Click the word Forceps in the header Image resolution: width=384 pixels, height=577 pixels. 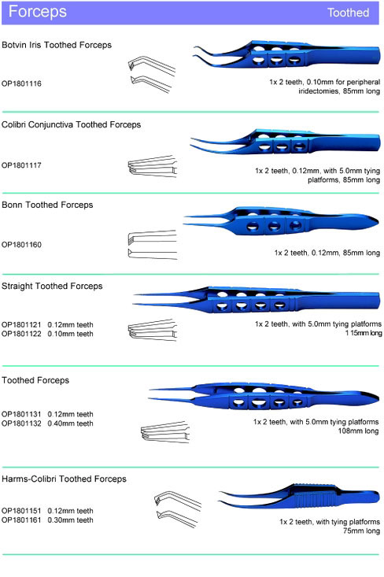38,12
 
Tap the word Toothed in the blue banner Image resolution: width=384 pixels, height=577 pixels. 348,13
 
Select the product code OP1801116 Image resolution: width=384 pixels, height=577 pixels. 21,83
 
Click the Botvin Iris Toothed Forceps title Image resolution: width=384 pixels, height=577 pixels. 57,45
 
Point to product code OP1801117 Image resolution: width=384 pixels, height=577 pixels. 21,165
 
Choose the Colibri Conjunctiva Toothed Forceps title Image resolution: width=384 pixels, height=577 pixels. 71,124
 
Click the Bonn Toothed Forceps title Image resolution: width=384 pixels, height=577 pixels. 47,205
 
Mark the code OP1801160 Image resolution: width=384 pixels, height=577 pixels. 21,245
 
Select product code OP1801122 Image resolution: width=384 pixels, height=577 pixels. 21,334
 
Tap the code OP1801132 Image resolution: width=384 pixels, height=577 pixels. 21,424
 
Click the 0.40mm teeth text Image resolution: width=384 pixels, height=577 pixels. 70,424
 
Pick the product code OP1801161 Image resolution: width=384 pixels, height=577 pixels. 21,520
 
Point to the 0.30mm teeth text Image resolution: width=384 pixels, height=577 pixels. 70,520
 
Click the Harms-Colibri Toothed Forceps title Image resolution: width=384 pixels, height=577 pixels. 64,479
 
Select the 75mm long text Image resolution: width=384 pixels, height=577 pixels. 361,531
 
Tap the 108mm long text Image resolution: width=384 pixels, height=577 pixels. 358,431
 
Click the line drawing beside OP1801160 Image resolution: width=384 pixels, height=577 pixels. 153,245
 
